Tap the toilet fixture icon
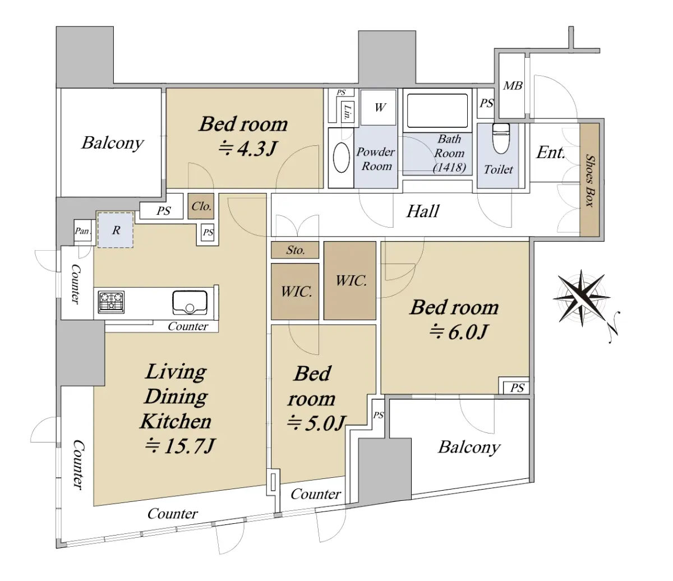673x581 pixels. [x=501, y=139]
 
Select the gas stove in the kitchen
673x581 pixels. [x=111, y=302]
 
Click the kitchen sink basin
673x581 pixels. [x=190, y=303]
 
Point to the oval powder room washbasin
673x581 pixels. [x=341, y=158]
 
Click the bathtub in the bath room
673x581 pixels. [x=437, y=110]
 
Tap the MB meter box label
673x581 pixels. [x=513, y=86]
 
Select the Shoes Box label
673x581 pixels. [x=589, y=181]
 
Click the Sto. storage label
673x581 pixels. [x=296, y=250]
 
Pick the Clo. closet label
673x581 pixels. [x=201, y=206]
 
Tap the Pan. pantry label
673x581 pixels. [x=82, y=231]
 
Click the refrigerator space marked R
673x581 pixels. [x=116, y=230]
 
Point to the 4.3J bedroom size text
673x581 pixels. [x=248, y=149]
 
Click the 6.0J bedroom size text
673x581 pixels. [x=458, y=333]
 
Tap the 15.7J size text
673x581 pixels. [x=180, y=446]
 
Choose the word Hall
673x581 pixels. [x=423, y=211]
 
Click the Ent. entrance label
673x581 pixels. [x=551, y=153]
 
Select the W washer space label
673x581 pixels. [x=380, y=107]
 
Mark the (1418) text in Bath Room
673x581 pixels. [x=449, y=167]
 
